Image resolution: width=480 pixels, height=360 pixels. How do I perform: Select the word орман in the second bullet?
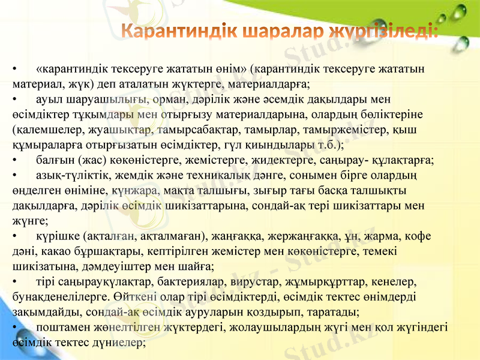coord(175,99)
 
